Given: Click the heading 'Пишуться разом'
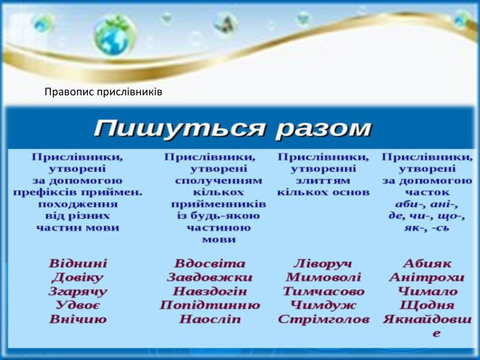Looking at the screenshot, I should tap(232, 128).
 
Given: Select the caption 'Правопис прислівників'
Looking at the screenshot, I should tap(103, 91).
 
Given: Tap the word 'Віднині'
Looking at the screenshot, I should tap(77, 263).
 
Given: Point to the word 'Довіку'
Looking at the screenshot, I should tap(77, 278).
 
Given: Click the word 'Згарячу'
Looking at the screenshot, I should tap(77, 291).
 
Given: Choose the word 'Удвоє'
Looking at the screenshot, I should tap(77, 305).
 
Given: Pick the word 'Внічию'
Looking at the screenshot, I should tap(77, 319).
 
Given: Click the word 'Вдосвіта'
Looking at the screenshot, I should tap(210, 263).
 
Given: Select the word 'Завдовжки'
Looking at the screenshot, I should tap(210, 278).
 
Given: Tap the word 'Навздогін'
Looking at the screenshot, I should tap(210, 291).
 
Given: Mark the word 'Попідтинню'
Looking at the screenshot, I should tap(210, 305).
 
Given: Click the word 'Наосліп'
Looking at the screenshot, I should tap(210, 319).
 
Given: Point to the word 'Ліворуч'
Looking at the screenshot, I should tap(322, 263).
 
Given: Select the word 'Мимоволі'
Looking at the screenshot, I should tap(322, 278).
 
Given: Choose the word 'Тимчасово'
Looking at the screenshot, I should tap(323, 291).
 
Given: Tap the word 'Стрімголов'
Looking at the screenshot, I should tap(323, 320).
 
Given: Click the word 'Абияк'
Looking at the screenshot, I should tap(427, 263).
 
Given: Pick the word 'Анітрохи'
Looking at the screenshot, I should tap(427, 278).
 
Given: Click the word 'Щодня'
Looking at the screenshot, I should tap(427, 305).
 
